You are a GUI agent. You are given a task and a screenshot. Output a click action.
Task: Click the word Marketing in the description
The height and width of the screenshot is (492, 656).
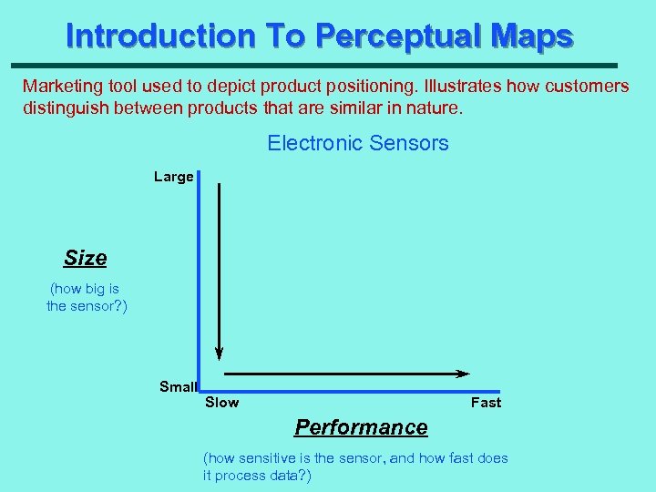[58, 87]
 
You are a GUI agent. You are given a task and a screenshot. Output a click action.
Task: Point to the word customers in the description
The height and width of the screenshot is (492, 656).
[586, 87]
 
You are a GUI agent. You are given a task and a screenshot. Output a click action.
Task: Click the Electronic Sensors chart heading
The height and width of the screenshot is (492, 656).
[357, 143]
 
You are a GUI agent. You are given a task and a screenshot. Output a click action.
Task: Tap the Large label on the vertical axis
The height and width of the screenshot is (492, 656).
[173, 177]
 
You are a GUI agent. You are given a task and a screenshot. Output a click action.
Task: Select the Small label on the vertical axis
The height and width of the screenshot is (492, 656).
[178, 386]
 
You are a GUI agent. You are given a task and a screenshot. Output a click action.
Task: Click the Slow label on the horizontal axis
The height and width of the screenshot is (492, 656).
[222, 402]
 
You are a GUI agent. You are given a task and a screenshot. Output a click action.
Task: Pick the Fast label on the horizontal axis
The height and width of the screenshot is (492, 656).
[486, 402]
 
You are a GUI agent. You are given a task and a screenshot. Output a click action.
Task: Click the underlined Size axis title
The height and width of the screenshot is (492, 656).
[86, 258]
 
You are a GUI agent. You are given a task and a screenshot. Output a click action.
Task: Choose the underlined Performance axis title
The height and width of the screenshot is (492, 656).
[361, 427]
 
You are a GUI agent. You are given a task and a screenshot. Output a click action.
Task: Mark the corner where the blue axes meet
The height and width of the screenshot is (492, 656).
[199, 391]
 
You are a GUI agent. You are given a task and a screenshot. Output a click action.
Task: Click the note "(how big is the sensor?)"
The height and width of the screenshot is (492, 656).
[87, 297]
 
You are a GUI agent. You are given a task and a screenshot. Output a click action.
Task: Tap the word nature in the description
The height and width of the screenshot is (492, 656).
[435, 108]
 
